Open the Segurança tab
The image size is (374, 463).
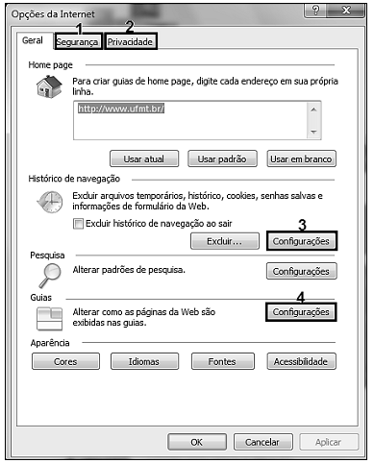point(78,42)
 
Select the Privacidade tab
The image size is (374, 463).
point(130,42)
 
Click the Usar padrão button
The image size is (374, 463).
point(221,158)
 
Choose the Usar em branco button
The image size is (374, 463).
point(301,158)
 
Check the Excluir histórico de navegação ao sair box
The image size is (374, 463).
point(78,223)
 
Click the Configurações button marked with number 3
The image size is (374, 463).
point(301,240)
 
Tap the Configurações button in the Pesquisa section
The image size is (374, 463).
point(301,272)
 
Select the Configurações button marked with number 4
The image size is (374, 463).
point(301,312)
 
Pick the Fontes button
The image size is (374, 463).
point(221,362)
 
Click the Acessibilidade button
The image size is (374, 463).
point(301,362)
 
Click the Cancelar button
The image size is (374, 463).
point(262,442)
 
